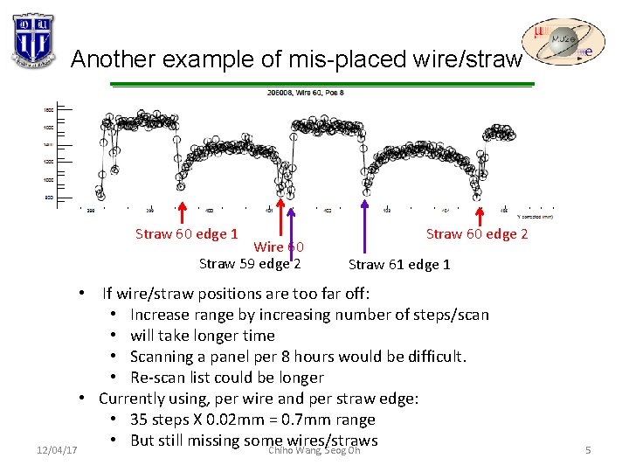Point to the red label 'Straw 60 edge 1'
click(187, 233)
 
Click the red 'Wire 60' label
click(279, 248)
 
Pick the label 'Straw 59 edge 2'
click(250, 263)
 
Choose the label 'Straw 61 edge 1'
click(399, 264)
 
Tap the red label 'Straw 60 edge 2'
click(476, 233)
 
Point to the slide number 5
click(589, 450)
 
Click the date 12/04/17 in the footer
click(58, 450)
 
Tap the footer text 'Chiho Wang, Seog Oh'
click(314, 450)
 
